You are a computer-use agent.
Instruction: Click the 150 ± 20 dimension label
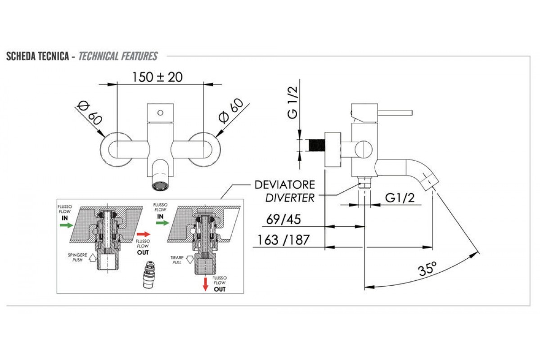click(x=157, y=77)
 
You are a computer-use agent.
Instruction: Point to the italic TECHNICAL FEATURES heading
click(x=118, y=56)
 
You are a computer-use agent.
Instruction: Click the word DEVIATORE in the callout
click(x=284, y=185)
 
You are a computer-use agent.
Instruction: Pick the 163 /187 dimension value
click(x=283, y=240)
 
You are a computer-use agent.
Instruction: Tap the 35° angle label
click(x=427, y=270)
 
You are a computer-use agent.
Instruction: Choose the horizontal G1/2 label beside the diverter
click(x=400, y=198)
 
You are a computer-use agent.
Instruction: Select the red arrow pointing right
click(x=143, y=234)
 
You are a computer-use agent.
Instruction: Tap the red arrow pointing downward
click(x=206, y=283)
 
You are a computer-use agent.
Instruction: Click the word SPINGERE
click(x=75, y=255)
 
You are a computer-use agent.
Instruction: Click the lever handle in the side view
click(x=394, y=112)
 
